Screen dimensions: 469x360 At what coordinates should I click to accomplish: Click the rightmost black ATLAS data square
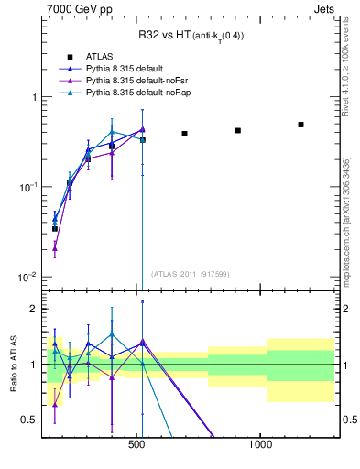tap(300, 125)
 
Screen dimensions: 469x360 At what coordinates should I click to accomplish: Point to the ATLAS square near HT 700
tap(184, 134)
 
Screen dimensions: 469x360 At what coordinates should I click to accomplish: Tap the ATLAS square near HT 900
tap(238, 130)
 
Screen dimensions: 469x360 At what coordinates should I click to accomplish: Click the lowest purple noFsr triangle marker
tap(55, 247)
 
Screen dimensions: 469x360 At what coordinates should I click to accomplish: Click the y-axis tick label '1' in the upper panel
tap(32, 97)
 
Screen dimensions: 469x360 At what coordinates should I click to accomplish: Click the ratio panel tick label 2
tap(32, 309)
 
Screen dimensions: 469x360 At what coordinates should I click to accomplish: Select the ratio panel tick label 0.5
tap(27, 420)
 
